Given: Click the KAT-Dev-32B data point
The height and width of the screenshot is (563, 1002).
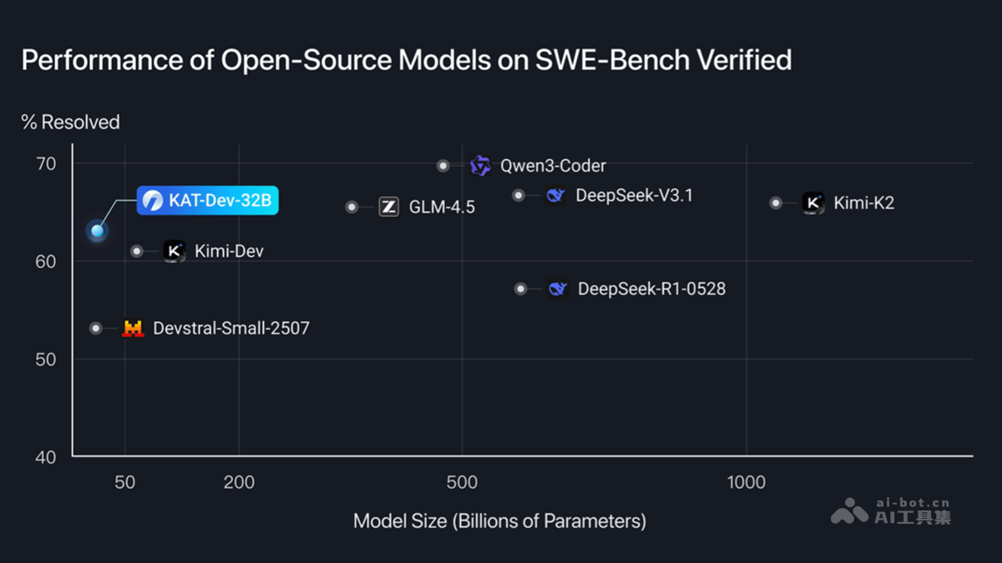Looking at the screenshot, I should coord(98,230).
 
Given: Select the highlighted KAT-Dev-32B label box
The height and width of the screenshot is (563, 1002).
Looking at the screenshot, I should coord(207,201).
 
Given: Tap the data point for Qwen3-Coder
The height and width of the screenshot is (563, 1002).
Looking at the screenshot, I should coord(443,166).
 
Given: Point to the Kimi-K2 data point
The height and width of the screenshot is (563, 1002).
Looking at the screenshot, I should coord(776,203).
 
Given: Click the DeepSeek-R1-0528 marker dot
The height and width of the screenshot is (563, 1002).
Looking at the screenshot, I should coord(521,289).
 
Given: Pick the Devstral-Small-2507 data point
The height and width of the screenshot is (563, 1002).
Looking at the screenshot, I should coord(96,329).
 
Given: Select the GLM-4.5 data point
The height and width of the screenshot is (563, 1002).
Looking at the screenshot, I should coord(352,207).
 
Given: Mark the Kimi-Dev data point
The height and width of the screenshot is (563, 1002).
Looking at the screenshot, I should coord(137,251).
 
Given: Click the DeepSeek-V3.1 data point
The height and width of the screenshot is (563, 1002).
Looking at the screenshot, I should coord(519,195).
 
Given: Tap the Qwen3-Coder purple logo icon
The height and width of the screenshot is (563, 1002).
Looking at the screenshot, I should coord(480,165).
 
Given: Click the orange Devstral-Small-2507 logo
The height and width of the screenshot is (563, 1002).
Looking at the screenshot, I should coord(133,329).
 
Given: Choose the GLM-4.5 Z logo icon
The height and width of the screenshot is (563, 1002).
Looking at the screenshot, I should coord(388,207).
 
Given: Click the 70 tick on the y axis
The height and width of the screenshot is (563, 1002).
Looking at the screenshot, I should coord(45,163).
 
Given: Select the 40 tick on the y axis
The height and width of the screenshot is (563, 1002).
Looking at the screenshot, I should coord(45,457).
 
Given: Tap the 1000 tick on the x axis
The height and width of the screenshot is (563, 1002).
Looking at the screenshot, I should coord(746,483).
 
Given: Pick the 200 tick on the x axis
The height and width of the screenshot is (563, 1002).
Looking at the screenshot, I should coord(240,483).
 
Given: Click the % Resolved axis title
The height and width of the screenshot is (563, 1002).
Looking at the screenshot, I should coord(71,123).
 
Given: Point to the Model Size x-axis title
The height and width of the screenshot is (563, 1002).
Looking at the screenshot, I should coord(499,521).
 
